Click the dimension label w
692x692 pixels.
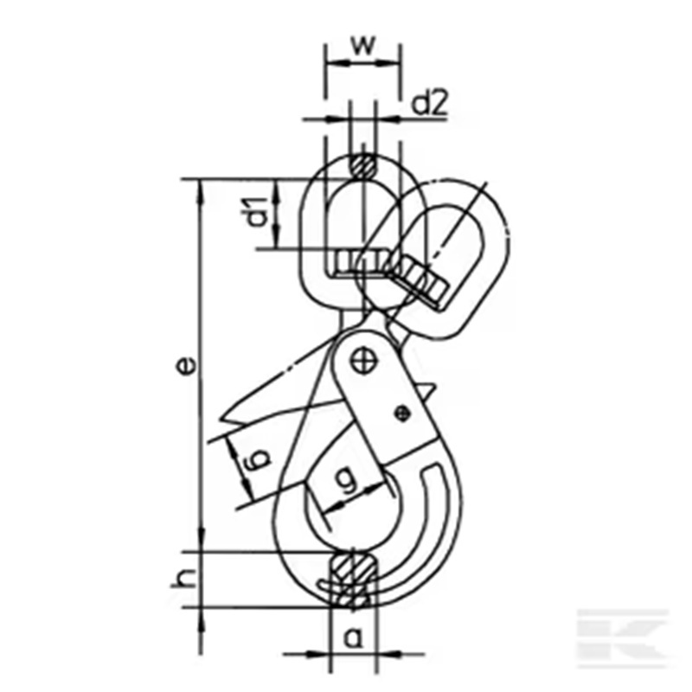pyautogui.click(x=363, y=46)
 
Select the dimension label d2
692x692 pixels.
pyautogui.click(x=429, y=103)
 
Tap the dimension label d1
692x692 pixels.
pyautogui.click(x=255, y=212)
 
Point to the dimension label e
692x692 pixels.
pyautogui.click(x=186, y=366)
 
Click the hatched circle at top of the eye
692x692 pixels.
pyautogui.click(x=362, y=167)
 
